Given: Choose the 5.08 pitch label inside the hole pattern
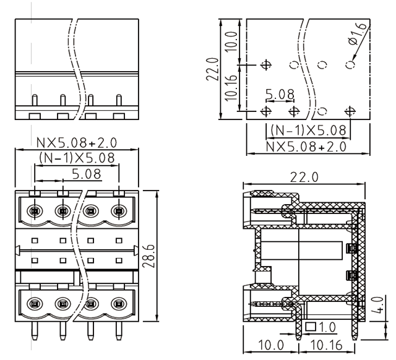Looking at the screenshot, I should click(280, 94).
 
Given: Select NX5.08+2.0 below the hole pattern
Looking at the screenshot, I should click(306, 146).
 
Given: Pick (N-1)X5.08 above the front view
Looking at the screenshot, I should click(76, 158).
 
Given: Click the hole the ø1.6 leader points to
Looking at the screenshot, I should click(350, 64).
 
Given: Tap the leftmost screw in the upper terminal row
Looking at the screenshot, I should click(35, 212).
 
